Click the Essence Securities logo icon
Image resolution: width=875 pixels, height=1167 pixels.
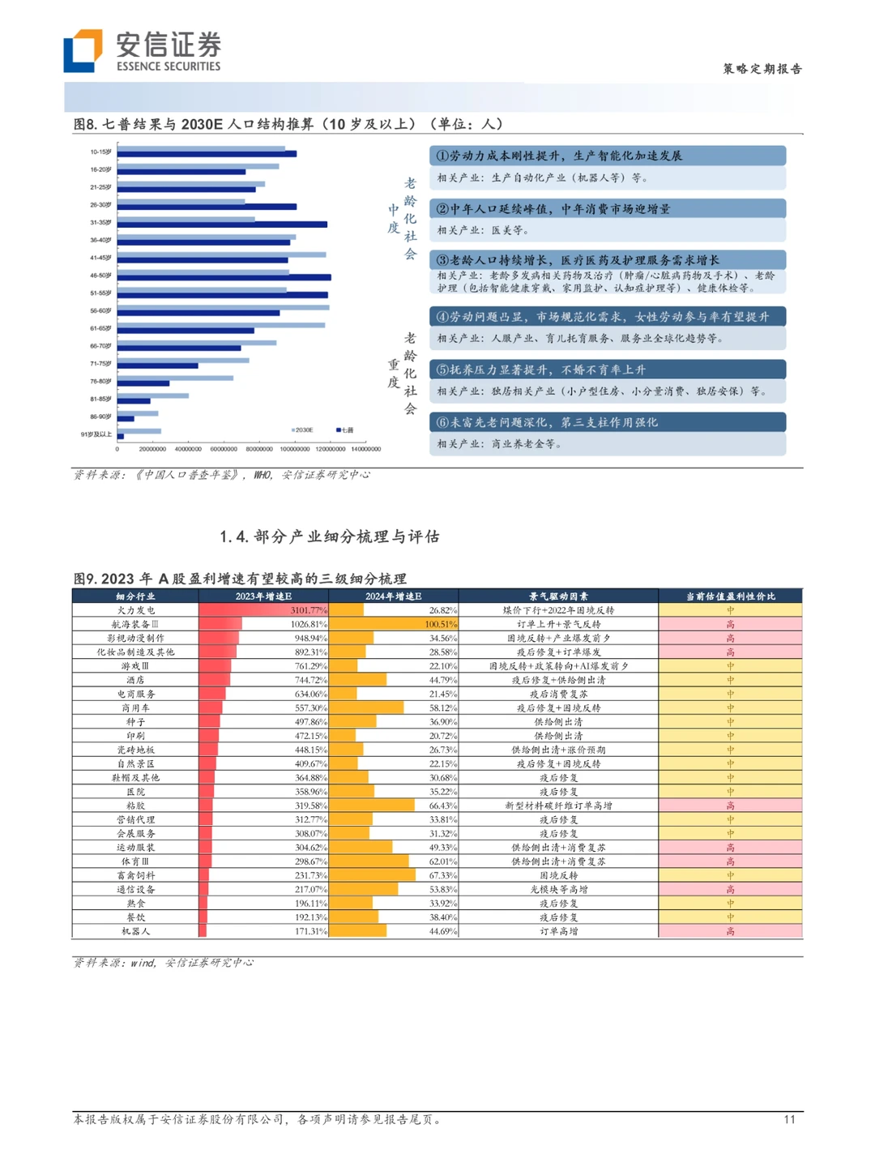click(83, 50)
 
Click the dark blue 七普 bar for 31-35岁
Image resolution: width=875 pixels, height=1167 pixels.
click(222, 224)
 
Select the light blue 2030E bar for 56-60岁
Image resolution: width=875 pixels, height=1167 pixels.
click(224, 307)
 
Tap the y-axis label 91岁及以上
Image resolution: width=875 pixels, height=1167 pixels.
click(96, 434)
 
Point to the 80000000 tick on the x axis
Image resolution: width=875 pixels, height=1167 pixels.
click(259, 449)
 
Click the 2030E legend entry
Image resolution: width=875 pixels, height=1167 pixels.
click(302, 430)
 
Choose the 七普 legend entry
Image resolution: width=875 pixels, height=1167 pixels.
click(345, 430)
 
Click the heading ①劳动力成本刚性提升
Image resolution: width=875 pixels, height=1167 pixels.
click(559, 156)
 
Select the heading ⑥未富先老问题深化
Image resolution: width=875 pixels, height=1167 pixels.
click(547, 422)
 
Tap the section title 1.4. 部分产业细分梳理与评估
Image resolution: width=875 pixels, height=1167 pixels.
click(330, 536)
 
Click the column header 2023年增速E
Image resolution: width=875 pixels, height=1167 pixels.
click(263, 596)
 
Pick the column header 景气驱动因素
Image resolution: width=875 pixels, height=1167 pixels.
click(558, 596)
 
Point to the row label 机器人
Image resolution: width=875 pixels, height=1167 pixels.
click(135, 931)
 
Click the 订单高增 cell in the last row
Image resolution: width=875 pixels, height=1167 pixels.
click(558, 931)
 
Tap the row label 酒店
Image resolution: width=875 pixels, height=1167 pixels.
click(135, 680)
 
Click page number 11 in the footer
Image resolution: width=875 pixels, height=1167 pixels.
click(789, 1119)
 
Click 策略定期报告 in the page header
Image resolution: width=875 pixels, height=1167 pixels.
click(762, 69)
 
